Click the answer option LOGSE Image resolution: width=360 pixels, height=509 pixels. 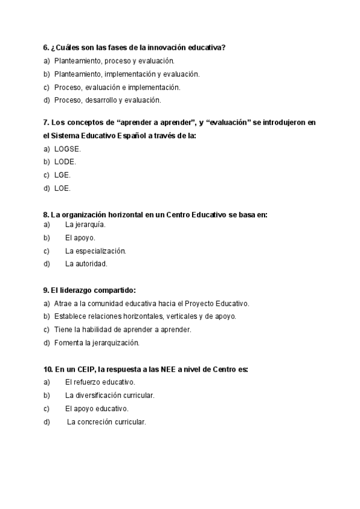pyautogui.click(x=67, y=148)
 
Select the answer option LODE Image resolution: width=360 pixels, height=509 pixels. pyautogui.click(x=65, y=161)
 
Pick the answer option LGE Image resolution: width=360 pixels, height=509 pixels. pyautogui.click(x=62, y=175)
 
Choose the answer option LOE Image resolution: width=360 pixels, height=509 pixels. pyautogui.click(x=62, y=188)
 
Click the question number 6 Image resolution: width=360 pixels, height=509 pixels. pyautogui.click(x=46, y=47)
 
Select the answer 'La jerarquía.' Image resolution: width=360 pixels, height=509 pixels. pyautogui.click(x=85, y=224)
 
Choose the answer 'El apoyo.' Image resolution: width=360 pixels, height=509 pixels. pyautogui.click(x=80, y=238)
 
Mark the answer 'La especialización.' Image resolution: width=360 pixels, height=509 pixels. pyautogui.click(x=95, y=251)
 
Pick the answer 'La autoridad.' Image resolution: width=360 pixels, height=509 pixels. pyautogui.click(x=86, y=264)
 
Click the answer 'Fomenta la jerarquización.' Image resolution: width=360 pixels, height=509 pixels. pyautogui.click(x=97, y=343)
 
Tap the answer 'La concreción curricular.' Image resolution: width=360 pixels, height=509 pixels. pyautogui.click(x=107, y=422)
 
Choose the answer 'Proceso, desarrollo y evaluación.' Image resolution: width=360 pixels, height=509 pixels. pyautogui.click(x=107, y=100)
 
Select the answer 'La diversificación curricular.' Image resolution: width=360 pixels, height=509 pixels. pyautogui.click(x=110, y=396)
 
